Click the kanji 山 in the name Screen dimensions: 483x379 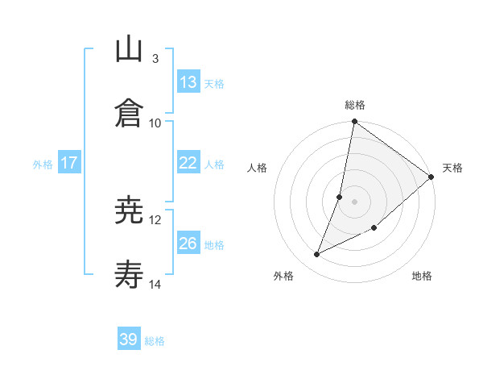130,50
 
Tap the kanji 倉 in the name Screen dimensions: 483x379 130,113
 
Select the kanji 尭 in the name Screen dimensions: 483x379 130,212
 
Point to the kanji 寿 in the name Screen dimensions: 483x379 130,275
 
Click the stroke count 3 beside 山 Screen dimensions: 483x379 155,59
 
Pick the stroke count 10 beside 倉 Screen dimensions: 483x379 155,123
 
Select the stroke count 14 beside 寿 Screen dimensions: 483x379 155,284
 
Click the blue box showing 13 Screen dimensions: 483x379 188,82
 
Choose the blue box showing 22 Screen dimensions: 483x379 188,163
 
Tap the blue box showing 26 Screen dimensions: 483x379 188,244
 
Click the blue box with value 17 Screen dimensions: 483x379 69,163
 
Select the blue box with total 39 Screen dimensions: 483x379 129,339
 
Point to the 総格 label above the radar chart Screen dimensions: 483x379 355,105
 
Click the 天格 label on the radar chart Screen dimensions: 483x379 452,168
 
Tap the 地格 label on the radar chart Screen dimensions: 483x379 422,276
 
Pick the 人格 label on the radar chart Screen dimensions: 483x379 258,168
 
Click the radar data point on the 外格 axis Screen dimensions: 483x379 317,255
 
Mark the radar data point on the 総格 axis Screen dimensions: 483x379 354,123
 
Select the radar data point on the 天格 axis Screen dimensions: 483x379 431,177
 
